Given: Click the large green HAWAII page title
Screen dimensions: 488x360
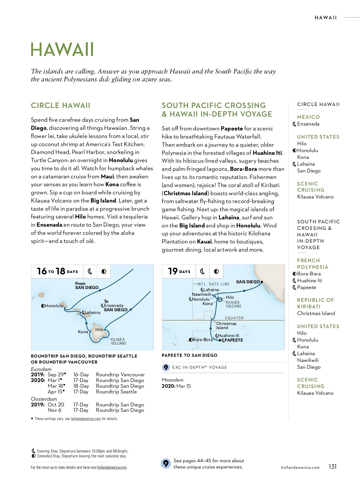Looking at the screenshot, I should [x=62, y=50].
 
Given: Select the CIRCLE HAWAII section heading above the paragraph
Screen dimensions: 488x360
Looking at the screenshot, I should [x=60, y=105].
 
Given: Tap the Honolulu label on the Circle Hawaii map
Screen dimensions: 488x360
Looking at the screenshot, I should [x=54, y=306].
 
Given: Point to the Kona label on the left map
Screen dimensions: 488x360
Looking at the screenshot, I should [x=83, y=332].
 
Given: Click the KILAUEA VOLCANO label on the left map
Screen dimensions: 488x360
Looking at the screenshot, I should [x=118, y=341].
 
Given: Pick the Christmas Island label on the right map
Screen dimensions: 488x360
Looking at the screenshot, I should [x=226, y=326].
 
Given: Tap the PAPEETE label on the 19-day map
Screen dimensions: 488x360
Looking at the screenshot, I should [x=233, y=340].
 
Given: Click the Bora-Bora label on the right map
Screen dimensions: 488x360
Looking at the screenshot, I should [x=202, y=340].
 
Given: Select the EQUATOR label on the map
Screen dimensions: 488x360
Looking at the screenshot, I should [x=234, y=318].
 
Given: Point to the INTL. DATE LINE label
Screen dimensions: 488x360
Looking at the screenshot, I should [x=213, y=284].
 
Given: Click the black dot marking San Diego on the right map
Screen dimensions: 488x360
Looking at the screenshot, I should [x=262, y=282].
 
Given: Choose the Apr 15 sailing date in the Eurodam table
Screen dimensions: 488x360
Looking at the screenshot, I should [x=56, y=392].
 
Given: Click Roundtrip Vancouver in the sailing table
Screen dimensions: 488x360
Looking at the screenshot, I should [x=120, y=375].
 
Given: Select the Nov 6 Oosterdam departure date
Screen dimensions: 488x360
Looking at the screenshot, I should [x=54, y=410].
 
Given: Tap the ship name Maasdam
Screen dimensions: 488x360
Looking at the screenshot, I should [x=173, y=380].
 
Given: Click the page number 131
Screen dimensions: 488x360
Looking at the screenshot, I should [x=332, y=467].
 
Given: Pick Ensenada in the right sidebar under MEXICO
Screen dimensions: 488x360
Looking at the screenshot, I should [x=308, y=124].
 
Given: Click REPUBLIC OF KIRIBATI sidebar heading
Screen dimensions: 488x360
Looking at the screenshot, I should [x=315, y=303].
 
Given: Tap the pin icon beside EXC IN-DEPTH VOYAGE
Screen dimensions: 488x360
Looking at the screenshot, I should [x=166, y=368].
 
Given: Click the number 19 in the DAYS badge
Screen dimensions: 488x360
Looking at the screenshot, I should [x=173, y=271].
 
